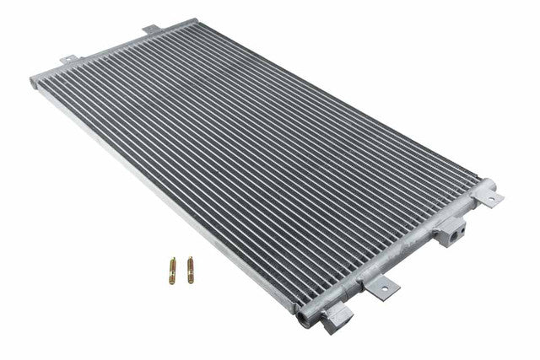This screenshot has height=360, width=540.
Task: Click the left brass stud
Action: [172, 270]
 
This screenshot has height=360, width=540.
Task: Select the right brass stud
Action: [191, 270]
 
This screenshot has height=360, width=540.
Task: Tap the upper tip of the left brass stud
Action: [172, 259]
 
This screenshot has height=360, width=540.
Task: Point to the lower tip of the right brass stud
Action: [192, 281]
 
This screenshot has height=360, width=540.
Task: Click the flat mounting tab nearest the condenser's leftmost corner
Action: [67, 61]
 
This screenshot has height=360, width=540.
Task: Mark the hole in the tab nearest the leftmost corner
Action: [67, 59]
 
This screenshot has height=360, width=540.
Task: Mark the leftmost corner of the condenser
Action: [33, 80]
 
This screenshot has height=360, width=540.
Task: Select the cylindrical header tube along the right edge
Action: [397, 253]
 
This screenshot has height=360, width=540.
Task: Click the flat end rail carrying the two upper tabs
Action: [101, 51]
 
